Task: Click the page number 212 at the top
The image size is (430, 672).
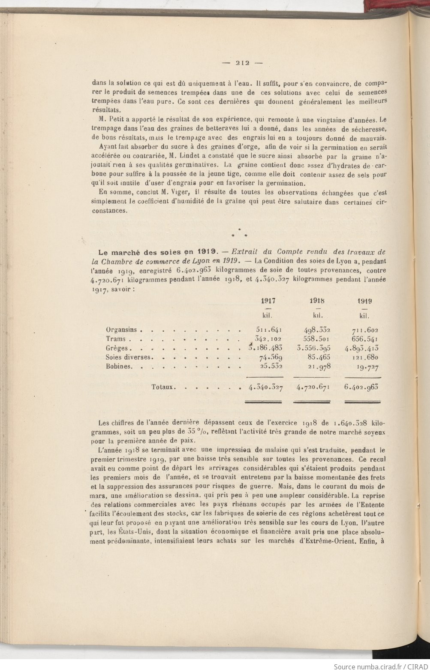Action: coord(242,62)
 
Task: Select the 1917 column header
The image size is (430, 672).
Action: coord(268,301)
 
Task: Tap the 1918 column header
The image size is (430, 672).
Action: coord(317,301)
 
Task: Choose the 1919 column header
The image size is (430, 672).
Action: coord(364,301)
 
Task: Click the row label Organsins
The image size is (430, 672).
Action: coord(121,330)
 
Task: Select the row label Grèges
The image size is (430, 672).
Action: coord(117,348)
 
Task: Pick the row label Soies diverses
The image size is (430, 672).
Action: coord(128,357)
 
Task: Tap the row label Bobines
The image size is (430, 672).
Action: coord(118,366)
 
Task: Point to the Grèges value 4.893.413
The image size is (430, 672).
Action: coord(361,348)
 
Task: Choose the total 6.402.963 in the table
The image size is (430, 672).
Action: coord(361,387)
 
